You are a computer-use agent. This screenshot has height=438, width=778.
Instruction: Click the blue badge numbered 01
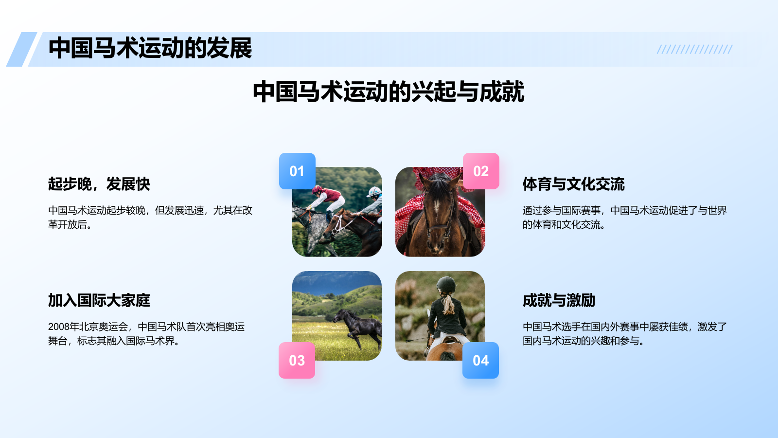pos(297,171)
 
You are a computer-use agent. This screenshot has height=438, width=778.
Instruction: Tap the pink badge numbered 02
pos(481,171)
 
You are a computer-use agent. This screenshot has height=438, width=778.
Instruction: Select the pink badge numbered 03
pos(297,360)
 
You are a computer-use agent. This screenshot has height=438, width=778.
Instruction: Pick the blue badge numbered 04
pos(480,360)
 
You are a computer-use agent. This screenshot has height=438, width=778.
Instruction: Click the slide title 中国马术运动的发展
pos(150,48)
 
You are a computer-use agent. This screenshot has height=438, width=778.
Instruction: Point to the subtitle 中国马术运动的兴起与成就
pos(389,91)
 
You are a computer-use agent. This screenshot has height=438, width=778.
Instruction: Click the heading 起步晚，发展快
pos(99,184)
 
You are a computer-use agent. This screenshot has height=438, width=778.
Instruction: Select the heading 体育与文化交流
pos(573,184)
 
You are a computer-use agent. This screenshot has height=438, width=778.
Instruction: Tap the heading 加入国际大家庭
pos(99,300)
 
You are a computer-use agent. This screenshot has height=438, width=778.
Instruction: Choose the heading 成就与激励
pos(559,300)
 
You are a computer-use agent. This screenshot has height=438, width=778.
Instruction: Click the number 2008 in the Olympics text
pos(57,327)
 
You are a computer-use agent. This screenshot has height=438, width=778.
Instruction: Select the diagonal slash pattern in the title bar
pos(694,49)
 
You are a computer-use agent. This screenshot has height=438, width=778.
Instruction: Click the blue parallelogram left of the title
pos(21,49)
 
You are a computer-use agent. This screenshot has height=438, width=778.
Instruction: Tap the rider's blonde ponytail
pos(448,304)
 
